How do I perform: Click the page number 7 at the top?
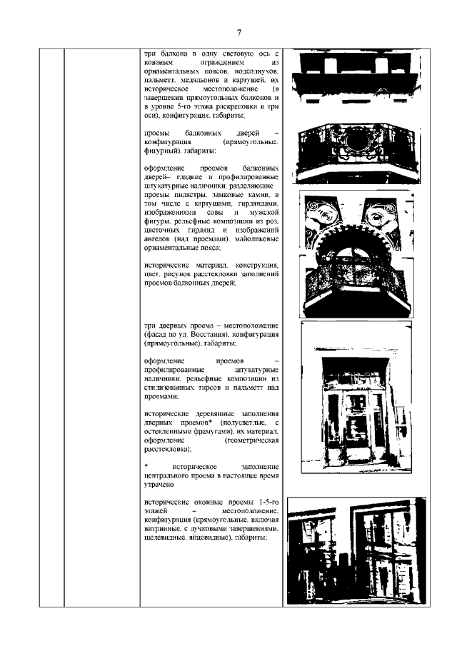[x=239, y=32]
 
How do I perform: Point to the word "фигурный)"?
[x=163, y=152]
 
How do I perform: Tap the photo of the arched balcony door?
[x=355, y=253]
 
